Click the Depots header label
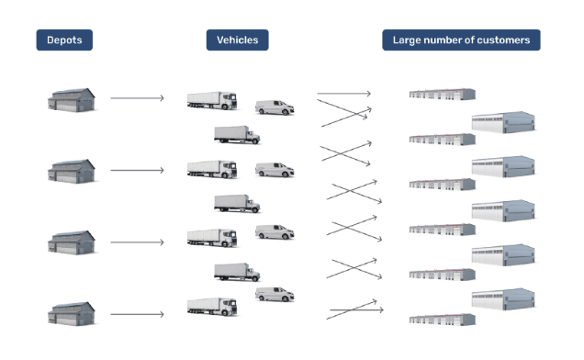[64, 39]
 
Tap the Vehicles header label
[237, 39]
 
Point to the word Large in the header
[404, 40]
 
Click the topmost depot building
[71, 100]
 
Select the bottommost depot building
[71, 314]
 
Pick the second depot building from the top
[71, 172]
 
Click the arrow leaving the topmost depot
[137, 98]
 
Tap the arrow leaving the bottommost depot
[137, 314]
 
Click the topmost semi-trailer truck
[212, 101]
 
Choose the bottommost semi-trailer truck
[212, 307]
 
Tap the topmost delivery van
[275, 107]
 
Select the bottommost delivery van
[275, 294]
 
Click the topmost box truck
[237, 134]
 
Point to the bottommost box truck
[237, 272]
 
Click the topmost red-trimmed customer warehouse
[442, 95]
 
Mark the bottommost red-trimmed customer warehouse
[442, 320]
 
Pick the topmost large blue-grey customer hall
[503, 122]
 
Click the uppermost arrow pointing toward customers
[343, 93]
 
